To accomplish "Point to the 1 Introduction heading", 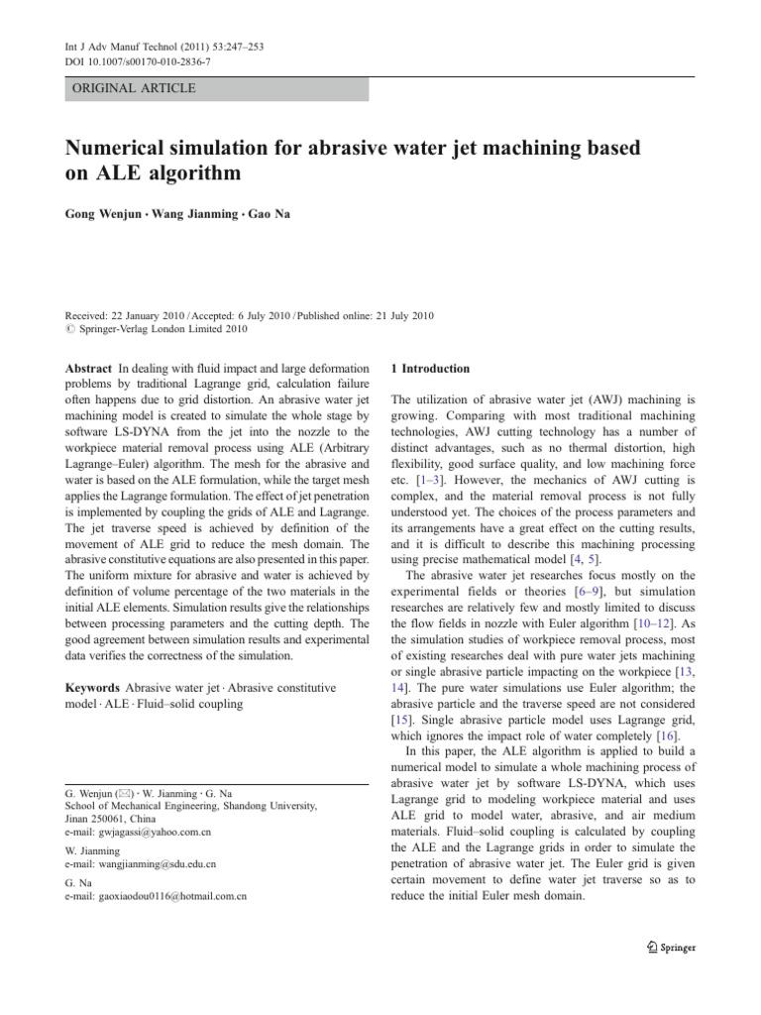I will (429, 369).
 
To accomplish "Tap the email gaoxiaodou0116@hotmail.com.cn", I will (172, 895).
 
